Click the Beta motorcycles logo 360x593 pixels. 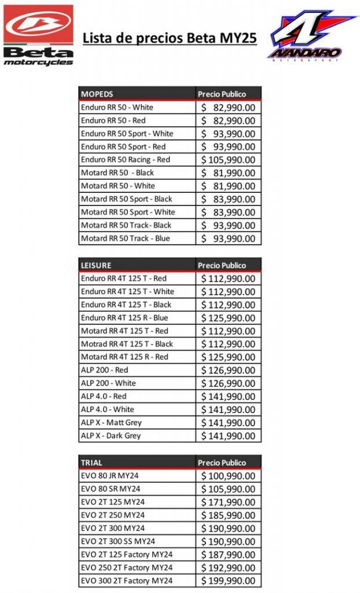38,34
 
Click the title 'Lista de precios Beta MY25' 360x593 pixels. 170,39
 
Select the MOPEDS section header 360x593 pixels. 97,94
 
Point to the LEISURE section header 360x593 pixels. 96,265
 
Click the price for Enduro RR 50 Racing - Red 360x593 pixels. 228,160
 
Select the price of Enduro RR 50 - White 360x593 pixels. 228,108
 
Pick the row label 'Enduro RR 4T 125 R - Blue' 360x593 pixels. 124,317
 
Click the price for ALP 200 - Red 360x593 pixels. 228,370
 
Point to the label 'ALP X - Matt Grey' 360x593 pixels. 111,423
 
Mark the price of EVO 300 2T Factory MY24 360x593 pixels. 228,581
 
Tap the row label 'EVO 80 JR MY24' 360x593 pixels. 110,475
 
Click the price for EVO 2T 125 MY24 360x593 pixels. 228,502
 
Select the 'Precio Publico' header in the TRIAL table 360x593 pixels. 222,463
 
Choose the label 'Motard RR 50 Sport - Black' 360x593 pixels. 127,199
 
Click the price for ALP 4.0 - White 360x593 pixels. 228,409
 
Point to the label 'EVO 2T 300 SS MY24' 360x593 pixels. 118,541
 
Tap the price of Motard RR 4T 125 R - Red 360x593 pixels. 228,357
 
